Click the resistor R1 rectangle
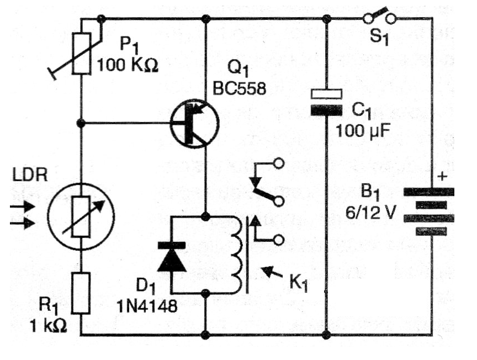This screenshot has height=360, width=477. (81, 293)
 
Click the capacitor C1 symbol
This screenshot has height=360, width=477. (326, 102)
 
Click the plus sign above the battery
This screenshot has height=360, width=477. (442, 177)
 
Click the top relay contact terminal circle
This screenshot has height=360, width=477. (279, 164)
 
